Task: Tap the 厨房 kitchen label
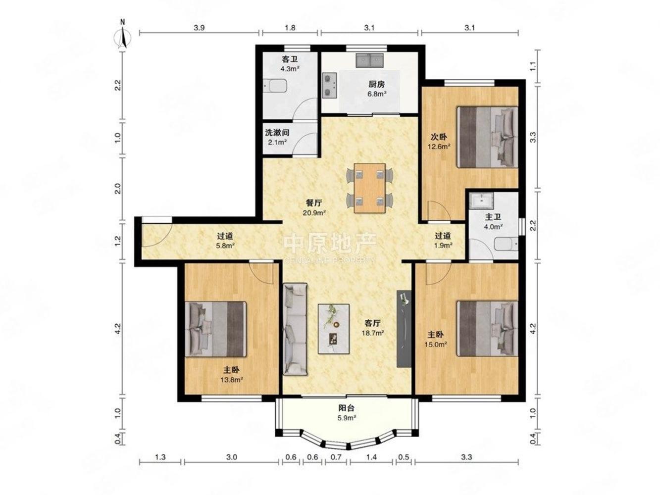pyautogui.click(x=376, y=85)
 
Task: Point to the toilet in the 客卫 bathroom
pyautogui.click(x=275, y=86)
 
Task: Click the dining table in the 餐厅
pyautogui.click(x=369, y=188)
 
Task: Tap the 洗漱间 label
pyautogui.click(x=277, y=132)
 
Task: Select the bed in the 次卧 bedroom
pyautogui.click(x=487, y=137)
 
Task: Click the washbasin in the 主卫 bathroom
pyautogui.click(x=482, y=200)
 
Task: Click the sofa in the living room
pyautogui.click(x=295, y=329)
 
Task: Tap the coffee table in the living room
pyautogui.click(x=334, y=329)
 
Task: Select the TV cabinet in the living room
pyautogui.click(x=404, y=329)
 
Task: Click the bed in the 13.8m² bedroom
pyautogui.click(x=215, y=329)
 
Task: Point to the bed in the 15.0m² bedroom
pyautogui.click(x=487, y=329)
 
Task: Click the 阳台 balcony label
pyautogui.click(x=347, y=408)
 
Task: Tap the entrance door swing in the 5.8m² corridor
pyautogui.click(x=157, y=235)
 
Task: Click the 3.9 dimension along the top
pyautogui.click(x=199, y=28)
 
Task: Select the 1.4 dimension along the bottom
pyautogui.click(x=372, y=457)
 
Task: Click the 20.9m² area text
pyautogui.click(x=314, y=213)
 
